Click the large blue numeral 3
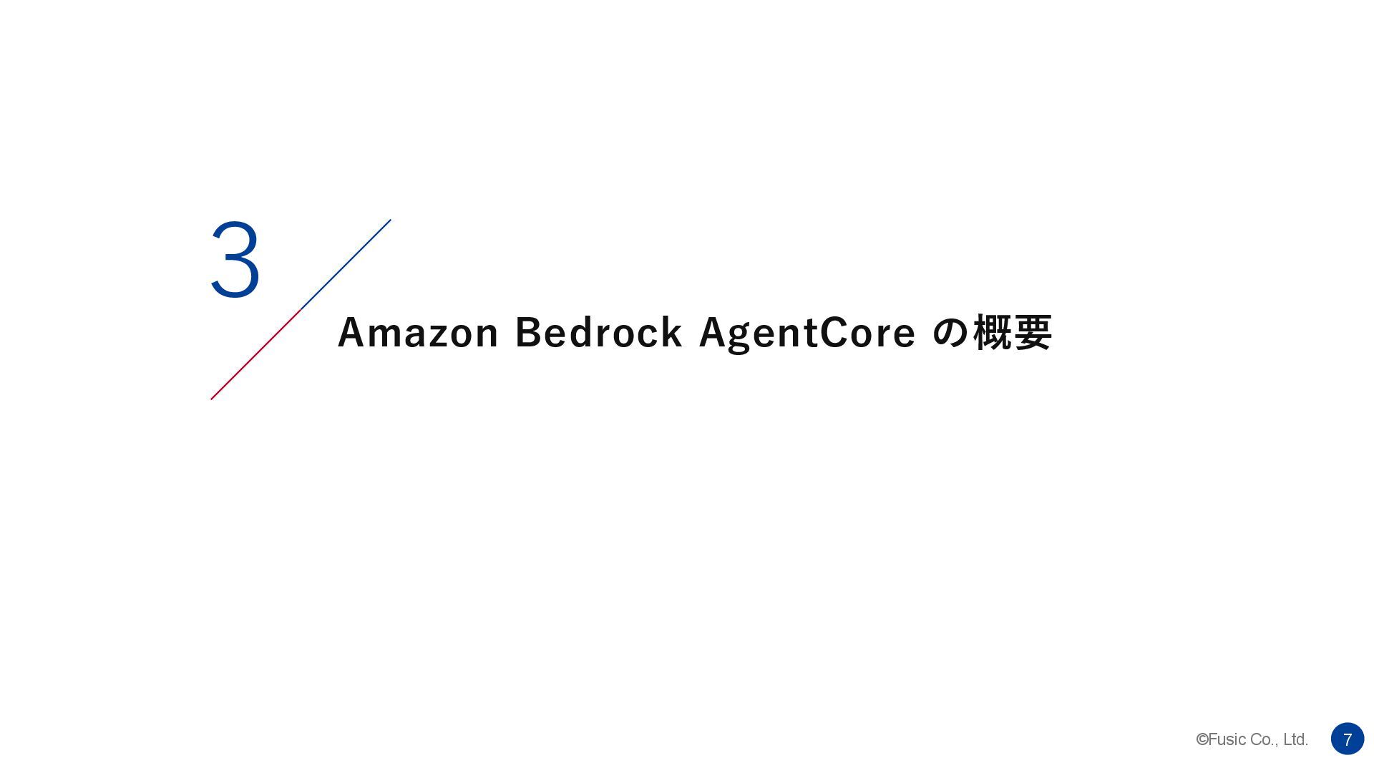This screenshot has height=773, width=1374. pyautogui.click(x=235, y=260)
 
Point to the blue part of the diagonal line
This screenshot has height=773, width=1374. pyautogui.click(x=346, y=264)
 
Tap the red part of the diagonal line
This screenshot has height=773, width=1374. pyautogui.click(x=254, y=356)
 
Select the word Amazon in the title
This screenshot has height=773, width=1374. pyautogui.click(x=418, y=333)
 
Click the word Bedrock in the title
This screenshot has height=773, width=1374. pyautogui.click(x=598, y=333)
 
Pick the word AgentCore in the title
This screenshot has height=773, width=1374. pyautogui.click(x=807, y=333)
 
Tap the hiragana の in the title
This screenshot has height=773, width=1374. pyautogui.click(x=950, y=333)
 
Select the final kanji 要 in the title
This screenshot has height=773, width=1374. pyautogui.click(x=1033, y=333)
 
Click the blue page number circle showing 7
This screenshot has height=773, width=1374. pyautogui.click(x=1347, y=739)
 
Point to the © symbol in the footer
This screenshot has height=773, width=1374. pyautogui.click(x=1202, y=739)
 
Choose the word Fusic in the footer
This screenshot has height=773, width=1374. pyautogui.click(x=1227, y=739)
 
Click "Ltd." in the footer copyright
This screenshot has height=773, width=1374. pyautogui.click(x=1295, y=739)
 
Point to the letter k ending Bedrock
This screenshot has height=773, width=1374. pyautogui.click(x=672, y=333)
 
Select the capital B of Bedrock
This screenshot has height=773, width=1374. pyautogui.click(x=527, y=333)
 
